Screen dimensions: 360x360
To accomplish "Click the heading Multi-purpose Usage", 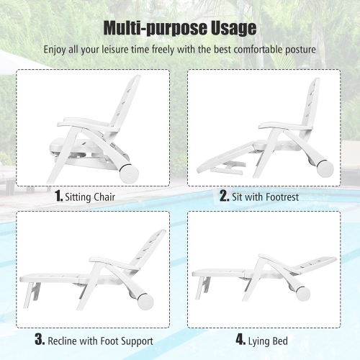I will [179, 28].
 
